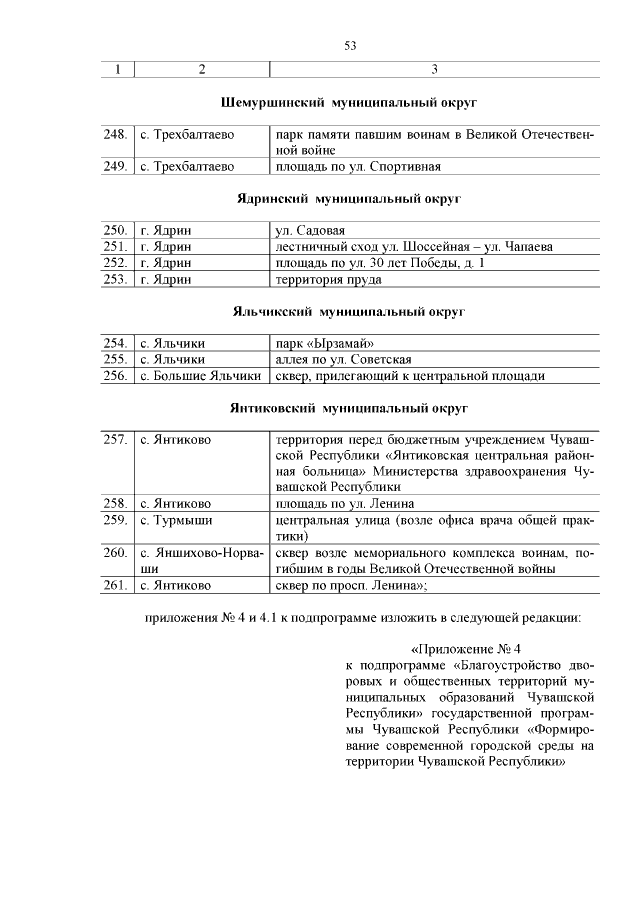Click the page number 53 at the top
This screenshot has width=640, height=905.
[x=350, y=45]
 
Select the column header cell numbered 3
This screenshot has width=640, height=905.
[x=434, y=70]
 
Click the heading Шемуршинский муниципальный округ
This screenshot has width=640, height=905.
[x=349, y=103]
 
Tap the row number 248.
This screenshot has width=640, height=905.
[x=116, y=135]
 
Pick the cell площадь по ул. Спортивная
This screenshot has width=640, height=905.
[x=357, y=166]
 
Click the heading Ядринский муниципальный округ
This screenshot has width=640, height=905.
[x=349, y=199]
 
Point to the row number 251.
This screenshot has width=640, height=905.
[x=116, y=247]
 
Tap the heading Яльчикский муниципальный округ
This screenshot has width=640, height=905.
[x=349, y=312]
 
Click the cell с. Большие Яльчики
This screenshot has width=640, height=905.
[x=200, y=376]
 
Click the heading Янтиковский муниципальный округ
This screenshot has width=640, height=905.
[x=349, y=409]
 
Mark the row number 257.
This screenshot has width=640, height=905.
[x=116, y=440]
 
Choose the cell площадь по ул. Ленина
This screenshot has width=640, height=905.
[x=344, y=504]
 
